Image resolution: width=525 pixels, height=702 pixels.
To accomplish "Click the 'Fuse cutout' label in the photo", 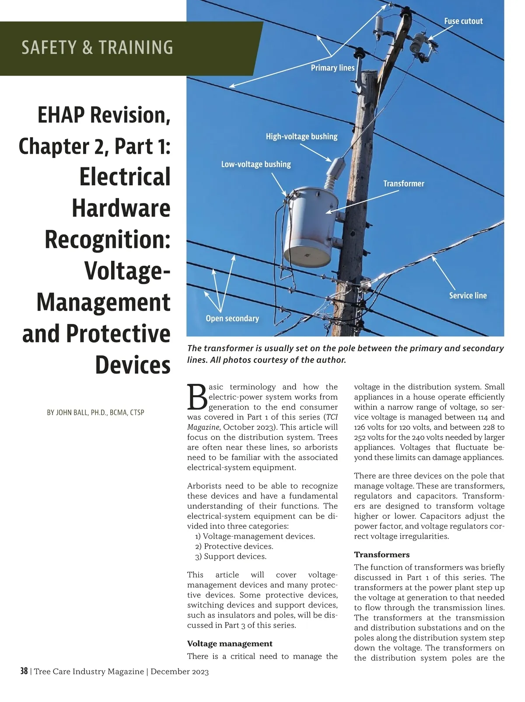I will coord(463,21).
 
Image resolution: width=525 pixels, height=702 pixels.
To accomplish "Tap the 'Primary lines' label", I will coord(332,68).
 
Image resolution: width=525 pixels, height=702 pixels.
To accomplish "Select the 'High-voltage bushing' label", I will coord(301,136).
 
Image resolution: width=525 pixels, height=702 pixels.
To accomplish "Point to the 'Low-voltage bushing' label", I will coord(256,164).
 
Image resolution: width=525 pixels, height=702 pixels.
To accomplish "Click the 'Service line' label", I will coord(468,295).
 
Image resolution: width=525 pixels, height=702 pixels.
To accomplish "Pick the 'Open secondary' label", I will coord(232,319).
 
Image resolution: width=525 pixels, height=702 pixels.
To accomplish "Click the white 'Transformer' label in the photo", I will coord(403,184).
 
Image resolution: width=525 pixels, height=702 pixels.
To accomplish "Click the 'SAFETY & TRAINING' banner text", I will coord(97,48).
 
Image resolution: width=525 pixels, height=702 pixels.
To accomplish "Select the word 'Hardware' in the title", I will coord(121,208).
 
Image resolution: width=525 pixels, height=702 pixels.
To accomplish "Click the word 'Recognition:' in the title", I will coord(108,240).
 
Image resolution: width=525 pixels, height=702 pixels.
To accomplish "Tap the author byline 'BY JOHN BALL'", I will coord(95,413).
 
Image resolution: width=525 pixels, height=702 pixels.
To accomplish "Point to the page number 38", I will coord(24,671).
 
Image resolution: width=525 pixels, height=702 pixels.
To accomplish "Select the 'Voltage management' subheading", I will coord(230,643).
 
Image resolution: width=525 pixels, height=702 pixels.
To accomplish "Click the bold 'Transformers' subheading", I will coord(381,555).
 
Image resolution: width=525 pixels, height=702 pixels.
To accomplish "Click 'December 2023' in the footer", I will coord(179,671).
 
